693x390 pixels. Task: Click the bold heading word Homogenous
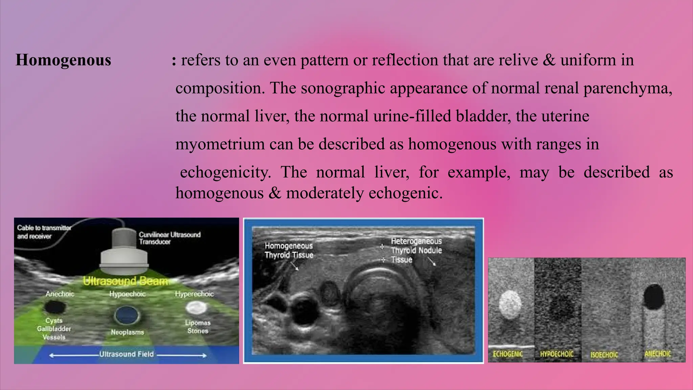(63, 60)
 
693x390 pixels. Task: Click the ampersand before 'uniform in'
(549, 60)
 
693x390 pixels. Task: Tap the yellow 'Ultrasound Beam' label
(126, 281)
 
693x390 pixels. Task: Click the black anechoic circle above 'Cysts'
(55, 307)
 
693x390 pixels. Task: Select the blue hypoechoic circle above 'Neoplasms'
(127, 315)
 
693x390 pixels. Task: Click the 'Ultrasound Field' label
(126, 354)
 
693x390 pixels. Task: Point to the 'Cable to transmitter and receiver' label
(44, 232)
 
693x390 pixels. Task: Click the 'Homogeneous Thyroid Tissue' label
(289, 250)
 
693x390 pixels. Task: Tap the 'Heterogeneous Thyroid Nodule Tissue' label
(416, 251)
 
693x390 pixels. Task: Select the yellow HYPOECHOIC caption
(557, 354)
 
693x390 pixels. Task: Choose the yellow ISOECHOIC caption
(604, 355)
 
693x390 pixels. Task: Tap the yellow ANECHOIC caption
(657, 354)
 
